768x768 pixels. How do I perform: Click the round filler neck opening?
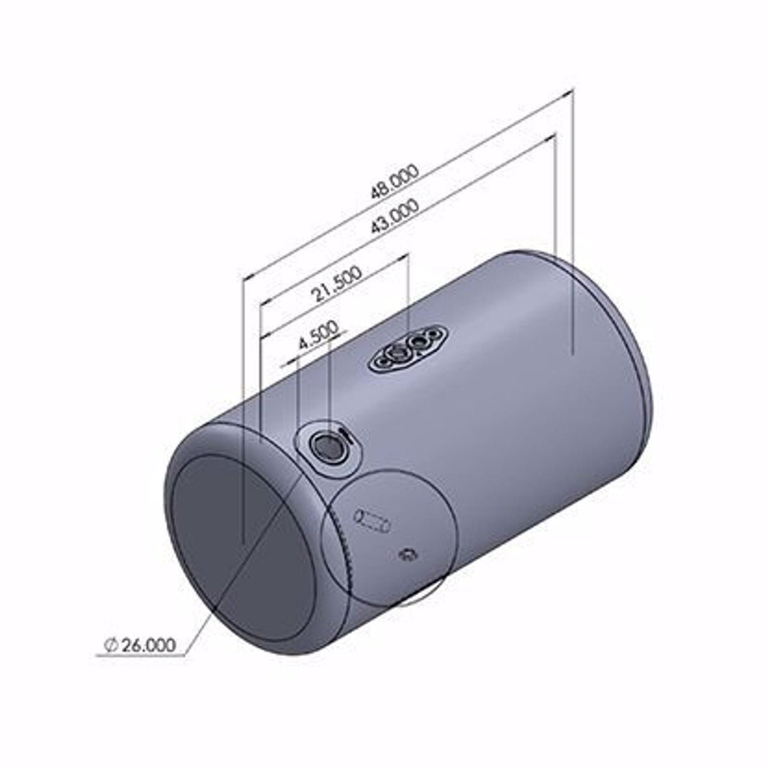tap(325, 447)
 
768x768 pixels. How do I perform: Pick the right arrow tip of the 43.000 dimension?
tap(552, 137)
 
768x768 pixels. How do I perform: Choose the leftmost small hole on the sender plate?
tap(380, 361)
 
